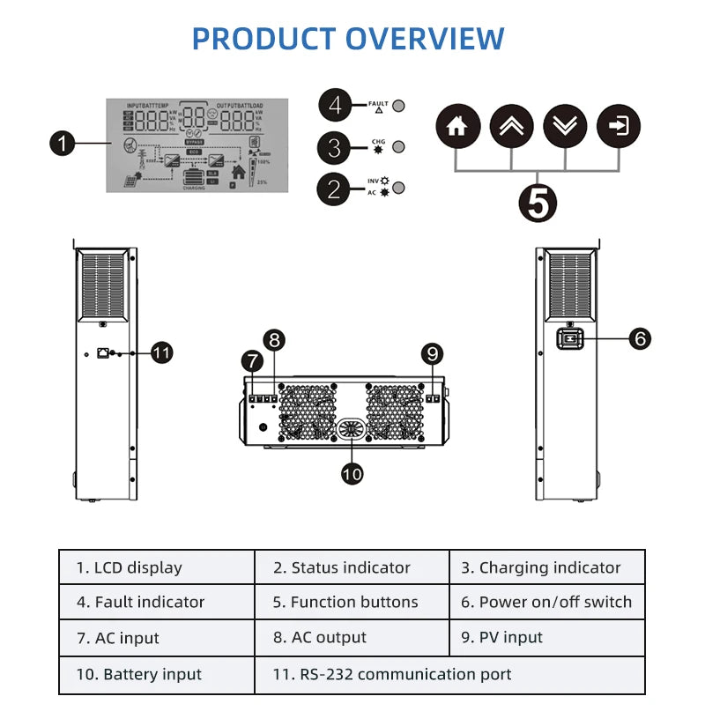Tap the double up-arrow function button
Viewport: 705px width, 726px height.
coord(512,126)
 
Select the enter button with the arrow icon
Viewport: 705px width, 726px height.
coord(620,126)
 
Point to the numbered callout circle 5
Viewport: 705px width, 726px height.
coord(538,202)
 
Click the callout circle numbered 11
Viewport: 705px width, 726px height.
coord(160,353)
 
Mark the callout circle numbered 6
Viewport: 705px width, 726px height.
coord(640,337)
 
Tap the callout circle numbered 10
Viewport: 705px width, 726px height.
coord(352,473)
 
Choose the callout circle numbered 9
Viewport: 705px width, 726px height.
coord(432,354)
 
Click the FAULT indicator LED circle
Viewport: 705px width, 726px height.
coord(398,106)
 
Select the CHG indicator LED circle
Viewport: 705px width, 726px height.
coord(398,146)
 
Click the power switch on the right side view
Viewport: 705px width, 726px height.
coord(568,338)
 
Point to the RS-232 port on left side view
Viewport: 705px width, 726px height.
coord(104,352)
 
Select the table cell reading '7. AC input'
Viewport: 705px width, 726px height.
coord(157,638)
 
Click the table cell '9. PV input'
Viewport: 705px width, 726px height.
coord(546,638)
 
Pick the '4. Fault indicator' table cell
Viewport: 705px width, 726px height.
coord(157,603)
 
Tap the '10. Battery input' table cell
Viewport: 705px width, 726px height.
coord(157,675)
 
